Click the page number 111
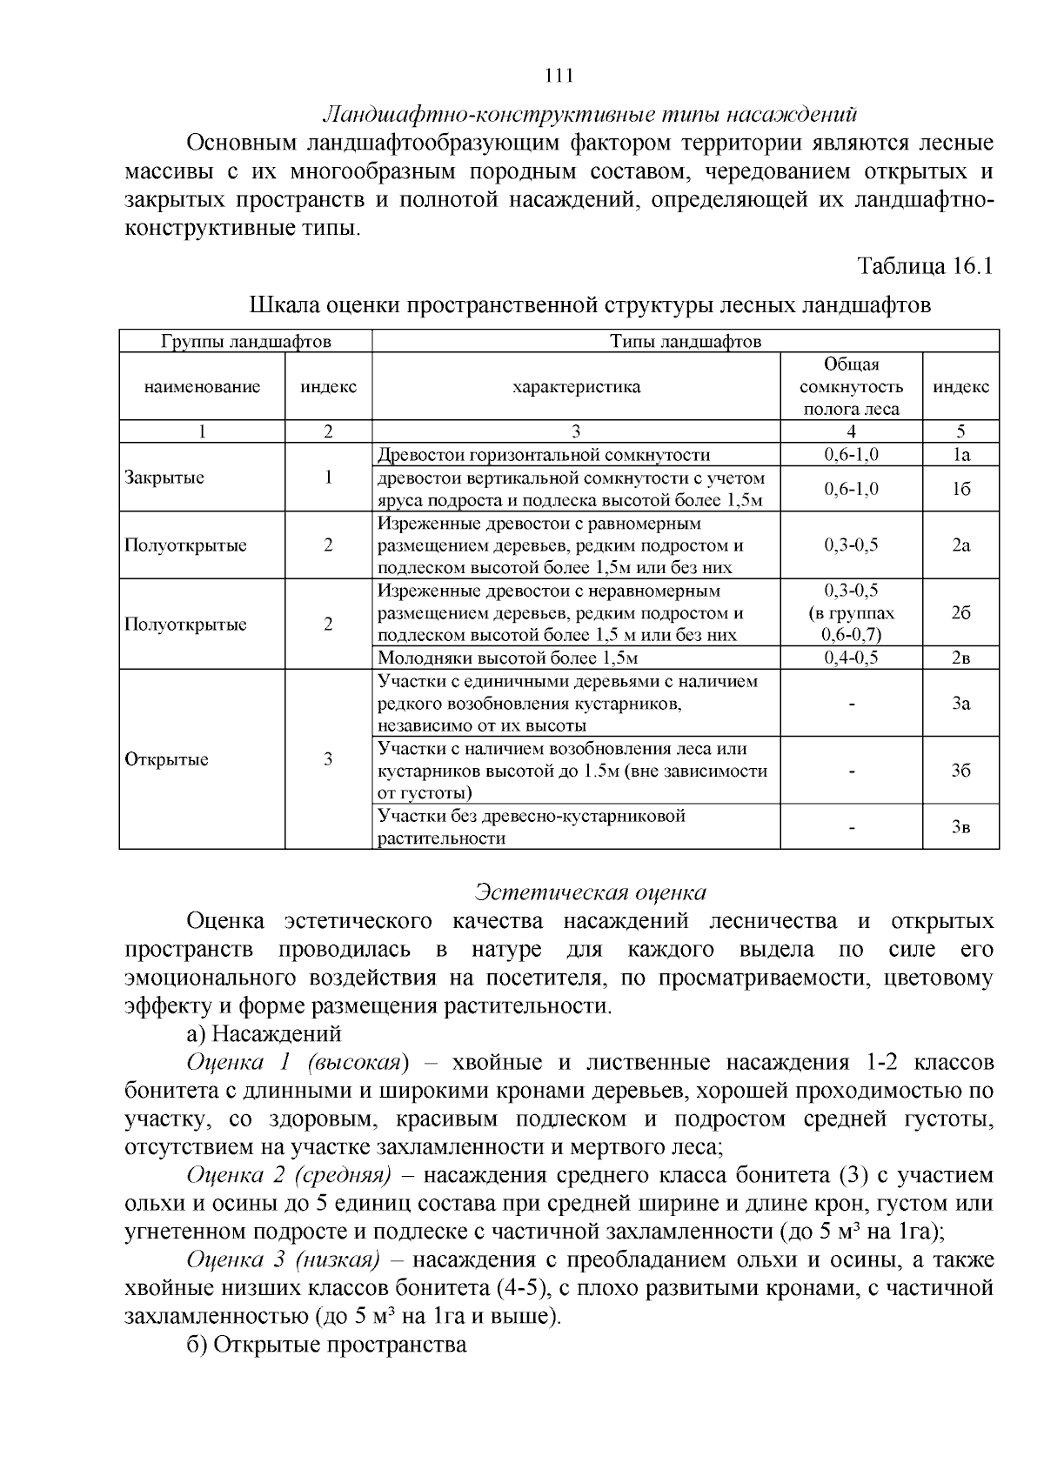pos(558,76)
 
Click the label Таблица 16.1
pos(925,265)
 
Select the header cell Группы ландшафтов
pos(246,341)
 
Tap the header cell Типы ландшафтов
pos(686,341)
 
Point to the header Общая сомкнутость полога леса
pos(851,386)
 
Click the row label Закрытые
pos(164,478)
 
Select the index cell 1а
pos(960,455)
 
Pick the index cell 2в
pos(960,658)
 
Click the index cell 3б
pos(960,771)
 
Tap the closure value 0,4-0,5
pos(851,658)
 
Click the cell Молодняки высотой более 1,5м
pos(508,658)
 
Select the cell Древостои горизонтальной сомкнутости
pos(544,455)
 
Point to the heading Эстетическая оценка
pos(591,892)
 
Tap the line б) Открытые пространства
pos(327,1345)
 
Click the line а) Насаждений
pos(264,1034)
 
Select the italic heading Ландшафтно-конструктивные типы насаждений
pos(591,115)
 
